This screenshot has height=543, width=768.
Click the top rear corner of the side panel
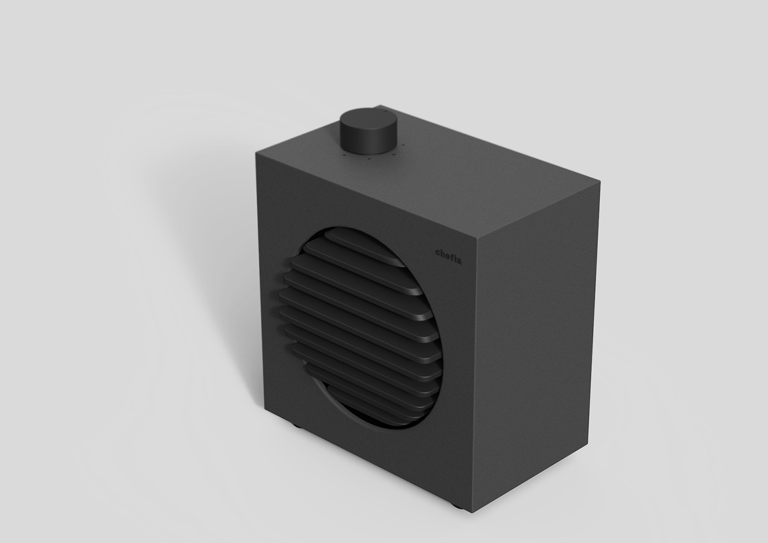(x=600, y=184)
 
